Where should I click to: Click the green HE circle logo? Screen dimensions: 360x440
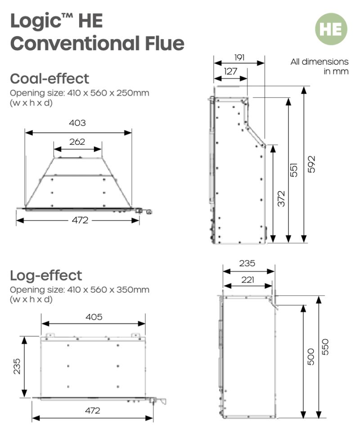tap(331, 29)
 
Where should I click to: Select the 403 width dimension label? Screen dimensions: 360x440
tap(77, 123)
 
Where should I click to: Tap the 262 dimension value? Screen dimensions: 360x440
tap(77, 142)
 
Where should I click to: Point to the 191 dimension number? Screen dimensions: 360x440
tap(239, 58)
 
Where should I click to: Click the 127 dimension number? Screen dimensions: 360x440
tap(230, 72)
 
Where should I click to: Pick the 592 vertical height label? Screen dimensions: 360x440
tap(312, 164)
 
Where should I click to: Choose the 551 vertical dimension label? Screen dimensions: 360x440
tap(293, 170)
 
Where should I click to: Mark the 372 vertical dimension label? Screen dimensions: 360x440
tap(281, 199)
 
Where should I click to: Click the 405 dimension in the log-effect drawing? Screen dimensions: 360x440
tap(94, 317)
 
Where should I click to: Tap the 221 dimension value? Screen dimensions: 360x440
tap(248, 280)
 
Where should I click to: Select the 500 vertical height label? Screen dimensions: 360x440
tap(311, 357)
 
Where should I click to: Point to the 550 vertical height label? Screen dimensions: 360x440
tap(325, 347)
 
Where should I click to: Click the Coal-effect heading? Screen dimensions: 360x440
tap(49, 79)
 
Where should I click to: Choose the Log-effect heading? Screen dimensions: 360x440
tap(46, 276)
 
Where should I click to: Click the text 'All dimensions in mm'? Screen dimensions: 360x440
tap(319, 67)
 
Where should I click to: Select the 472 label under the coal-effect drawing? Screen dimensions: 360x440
tap(80, 220)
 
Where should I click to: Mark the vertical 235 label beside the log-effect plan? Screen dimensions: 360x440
tap(17, 366)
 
